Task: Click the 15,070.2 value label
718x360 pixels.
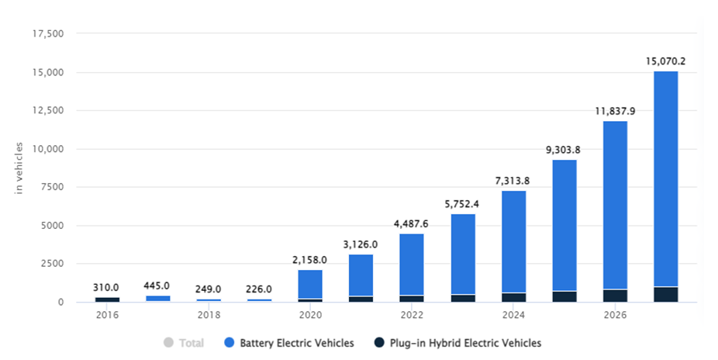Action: (665, 60)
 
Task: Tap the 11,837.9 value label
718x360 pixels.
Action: (615, 111)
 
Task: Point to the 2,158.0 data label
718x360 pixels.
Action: (310, 259)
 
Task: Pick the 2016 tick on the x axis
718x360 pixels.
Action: (107, 316)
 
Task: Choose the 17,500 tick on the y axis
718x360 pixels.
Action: (47, 34)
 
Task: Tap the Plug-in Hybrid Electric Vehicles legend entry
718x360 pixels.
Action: (464, 342)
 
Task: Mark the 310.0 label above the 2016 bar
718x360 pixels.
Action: (107, 286)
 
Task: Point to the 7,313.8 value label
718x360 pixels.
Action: (513, 180)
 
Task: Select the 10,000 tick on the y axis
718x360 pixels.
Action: (47, 149)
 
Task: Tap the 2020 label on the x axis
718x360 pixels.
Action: (310, 316)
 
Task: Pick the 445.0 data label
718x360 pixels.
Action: (158, 285)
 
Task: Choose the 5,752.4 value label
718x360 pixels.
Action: (462, 204)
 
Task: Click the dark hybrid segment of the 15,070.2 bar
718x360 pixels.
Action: (665, 295)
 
